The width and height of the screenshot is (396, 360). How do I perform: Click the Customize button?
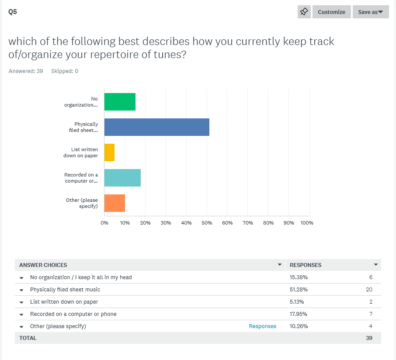click(x=331, y=12)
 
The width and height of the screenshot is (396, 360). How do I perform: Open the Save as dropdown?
click(x=370, y=12)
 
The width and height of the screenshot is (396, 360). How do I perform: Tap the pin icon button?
click(x=304, y=12)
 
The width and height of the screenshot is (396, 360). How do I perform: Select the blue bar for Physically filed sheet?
click(x=156, y=127)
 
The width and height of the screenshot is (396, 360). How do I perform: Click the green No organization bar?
click(x=120, y=102)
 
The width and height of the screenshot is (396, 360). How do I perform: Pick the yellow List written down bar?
click(x=109, y=152)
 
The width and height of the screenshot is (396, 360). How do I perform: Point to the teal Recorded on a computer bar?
click(x=122, y=178)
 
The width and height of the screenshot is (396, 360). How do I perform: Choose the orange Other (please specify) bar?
click(x=115, y=203)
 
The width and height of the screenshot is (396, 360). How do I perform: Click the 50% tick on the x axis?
click(x=207, y=223)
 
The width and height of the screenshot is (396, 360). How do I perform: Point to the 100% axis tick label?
click(x=307, y=223)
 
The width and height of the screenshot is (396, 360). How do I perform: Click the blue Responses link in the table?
click(x=263, y=326)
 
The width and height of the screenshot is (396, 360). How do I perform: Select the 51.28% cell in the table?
click(x=299, y=290)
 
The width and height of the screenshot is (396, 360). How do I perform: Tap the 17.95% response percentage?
click(x=299, y=314)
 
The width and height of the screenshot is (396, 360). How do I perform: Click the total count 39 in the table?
click(x=369, y=338)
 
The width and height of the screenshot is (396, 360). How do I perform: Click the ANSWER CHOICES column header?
click(x=43, y=265)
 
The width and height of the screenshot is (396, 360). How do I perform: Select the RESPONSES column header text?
click(x=306, y=265)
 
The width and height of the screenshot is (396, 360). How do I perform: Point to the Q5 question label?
click(x=13, y=12)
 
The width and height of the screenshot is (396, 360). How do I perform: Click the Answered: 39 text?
click(x=26, y=71)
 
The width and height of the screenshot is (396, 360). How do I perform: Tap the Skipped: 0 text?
click(x=65, y=71)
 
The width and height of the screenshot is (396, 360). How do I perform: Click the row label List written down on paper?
click(x=64, y=302)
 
